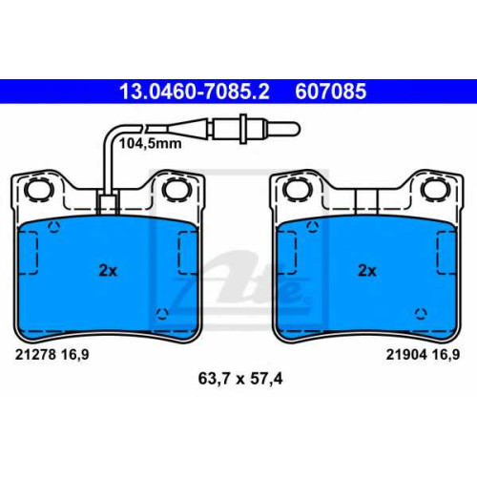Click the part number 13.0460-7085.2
[195, 92]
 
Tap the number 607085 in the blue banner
[331, 92]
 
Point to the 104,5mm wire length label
[150, 144]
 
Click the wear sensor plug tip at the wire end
[295, 129]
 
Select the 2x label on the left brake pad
[108, 271]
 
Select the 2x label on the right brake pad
[367, 271]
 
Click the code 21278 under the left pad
[35, 355]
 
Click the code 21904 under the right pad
[406, 355]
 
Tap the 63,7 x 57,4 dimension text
[240, 379]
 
